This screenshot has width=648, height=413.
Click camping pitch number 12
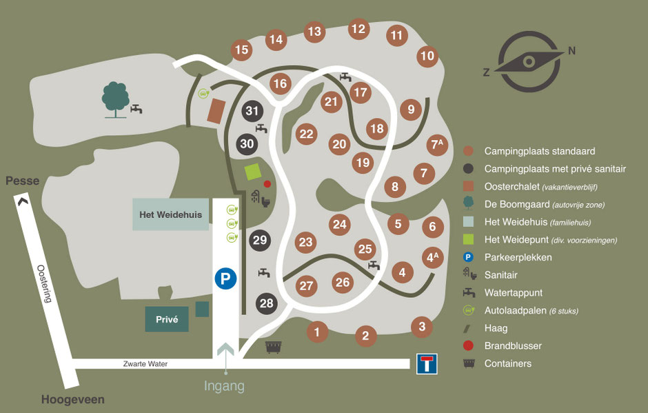(358, 29)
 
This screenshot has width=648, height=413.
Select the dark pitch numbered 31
(252, 111)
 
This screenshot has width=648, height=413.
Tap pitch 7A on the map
(436, 145)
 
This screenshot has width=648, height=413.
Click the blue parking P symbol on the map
(225, 279)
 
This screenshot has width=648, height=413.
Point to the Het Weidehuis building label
(171, 214)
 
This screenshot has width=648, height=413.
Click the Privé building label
(167, 319)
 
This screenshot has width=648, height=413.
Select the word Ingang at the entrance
(224, 386)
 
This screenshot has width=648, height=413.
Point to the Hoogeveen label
(72, 400)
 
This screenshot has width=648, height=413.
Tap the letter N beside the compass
(571, 50)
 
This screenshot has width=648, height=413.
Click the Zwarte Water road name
(146, 364)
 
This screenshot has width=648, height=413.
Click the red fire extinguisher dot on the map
(267, 184)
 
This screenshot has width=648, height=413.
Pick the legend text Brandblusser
(513, 346)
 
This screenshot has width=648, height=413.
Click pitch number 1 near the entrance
(316, 332)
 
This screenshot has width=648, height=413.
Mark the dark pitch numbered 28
(266, 303)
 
